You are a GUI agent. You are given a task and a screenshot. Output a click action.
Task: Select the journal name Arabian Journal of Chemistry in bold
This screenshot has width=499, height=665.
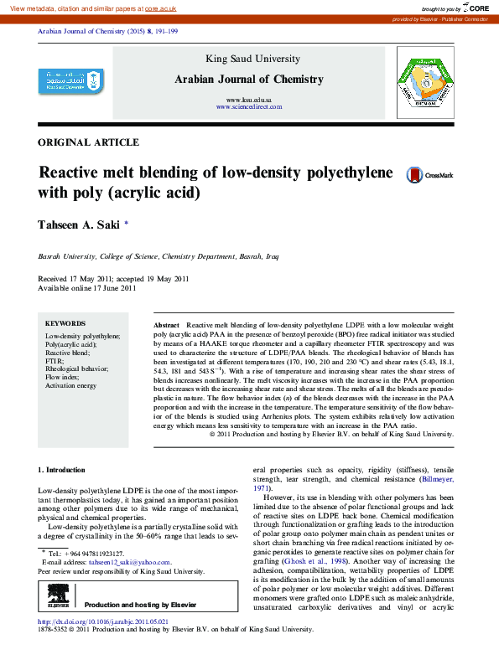point(248,80)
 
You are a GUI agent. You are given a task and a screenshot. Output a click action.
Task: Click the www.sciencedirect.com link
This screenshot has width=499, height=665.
point(248,108)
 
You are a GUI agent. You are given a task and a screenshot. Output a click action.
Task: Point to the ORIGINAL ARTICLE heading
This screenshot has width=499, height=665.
point(89,142)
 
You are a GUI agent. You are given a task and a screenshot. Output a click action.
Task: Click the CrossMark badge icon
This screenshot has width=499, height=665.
point(429,175)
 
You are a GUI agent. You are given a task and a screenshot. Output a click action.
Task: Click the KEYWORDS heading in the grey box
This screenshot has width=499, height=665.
point(65,323)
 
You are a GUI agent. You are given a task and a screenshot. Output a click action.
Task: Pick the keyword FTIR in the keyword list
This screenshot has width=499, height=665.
point(55,361)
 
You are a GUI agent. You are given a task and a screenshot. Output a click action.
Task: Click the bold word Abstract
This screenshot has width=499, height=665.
point(167,324)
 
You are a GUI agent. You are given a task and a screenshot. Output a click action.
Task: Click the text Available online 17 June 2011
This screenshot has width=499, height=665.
point(87,288)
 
